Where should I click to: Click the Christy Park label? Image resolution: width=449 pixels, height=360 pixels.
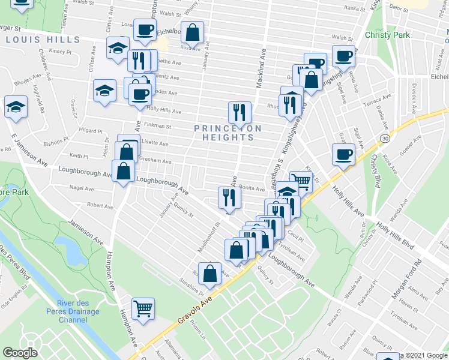(387, 35)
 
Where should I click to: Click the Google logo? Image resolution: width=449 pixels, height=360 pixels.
(20, 353)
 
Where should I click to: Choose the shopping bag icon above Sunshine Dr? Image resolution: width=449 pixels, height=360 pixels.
(211, 274)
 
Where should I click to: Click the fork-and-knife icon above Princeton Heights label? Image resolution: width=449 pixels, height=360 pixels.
(239, 112)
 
